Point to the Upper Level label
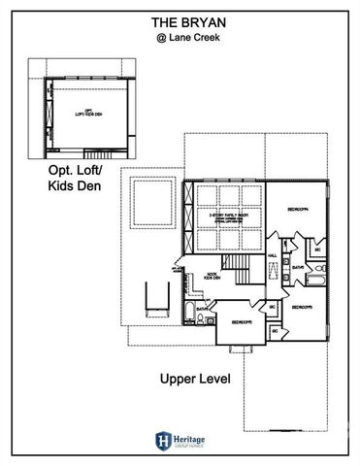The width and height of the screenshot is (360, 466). click(x=194, y=380)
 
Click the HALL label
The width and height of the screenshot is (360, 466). click(x=273, y=256)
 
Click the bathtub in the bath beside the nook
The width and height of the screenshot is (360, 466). click(x=188, y=311)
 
